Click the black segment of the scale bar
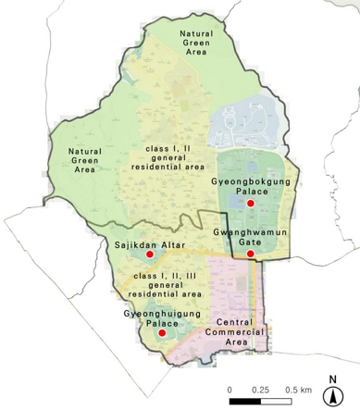pyautogui.click(x=245, y=400)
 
